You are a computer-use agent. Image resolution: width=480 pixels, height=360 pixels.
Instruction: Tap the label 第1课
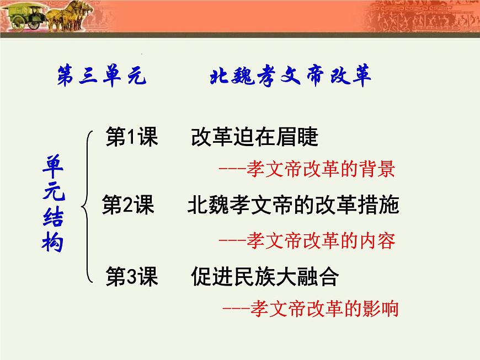[132, 137]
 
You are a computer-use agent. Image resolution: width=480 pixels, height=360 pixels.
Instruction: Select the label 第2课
[129, 206]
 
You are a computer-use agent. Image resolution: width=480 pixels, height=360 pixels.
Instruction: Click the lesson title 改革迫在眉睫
[254, 137]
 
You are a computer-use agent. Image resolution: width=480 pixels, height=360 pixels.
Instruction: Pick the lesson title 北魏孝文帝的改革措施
[293, 206]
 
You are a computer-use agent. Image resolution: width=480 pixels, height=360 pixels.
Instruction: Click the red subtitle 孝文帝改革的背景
[321, 169]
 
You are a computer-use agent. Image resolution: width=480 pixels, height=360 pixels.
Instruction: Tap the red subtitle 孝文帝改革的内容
[321, 240]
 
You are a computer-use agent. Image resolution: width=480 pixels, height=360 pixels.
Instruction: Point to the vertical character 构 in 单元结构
[53, 242]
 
